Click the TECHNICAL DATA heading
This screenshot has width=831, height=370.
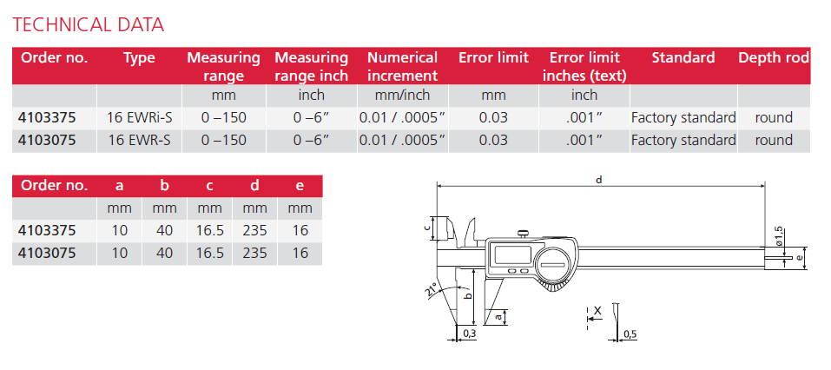pyautogui.click(x=88, y=23)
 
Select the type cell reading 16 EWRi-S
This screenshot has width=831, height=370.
pyautogui.click(x=139, y=116)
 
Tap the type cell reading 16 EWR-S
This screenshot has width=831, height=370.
pyautogui.click(x=139, y=140)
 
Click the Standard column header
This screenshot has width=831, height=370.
pyautogui.click(x=683, y=58)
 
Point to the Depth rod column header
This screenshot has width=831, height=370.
pyautogui.click(x=773, y=58)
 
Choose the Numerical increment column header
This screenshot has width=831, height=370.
pyautogui.click(x=402, y=66)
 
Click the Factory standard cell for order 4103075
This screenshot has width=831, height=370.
pyautogui.click(x=683, y=140)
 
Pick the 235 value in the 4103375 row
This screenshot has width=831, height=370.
pyautogui.click(x=255, y=230)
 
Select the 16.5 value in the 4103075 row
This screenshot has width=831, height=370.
pyautogui.click(x=210, y=254)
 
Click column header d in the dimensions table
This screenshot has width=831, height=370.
pyautogui.click(x=255, y=185)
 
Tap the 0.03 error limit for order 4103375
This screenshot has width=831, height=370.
pyautogui.click(x=493, y=116)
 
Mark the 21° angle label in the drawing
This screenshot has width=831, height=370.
pyautogui.click(x=432, y=292)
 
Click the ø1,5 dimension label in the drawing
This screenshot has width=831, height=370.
pyautogui.click(x=779, y=235)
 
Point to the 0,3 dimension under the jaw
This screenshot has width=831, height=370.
pyautogui.click(x=469, y=334)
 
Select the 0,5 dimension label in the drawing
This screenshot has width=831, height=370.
pyautogui.click(x=630, y=334)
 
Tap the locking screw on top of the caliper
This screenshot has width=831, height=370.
pyautogui.click(x=524, y=232)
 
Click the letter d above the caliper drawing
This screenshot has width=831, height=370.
pyautogui.click(x=599, y=179)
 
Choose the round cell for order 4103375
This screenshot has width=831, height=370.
pyautogui.click(x=773, y=116)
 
